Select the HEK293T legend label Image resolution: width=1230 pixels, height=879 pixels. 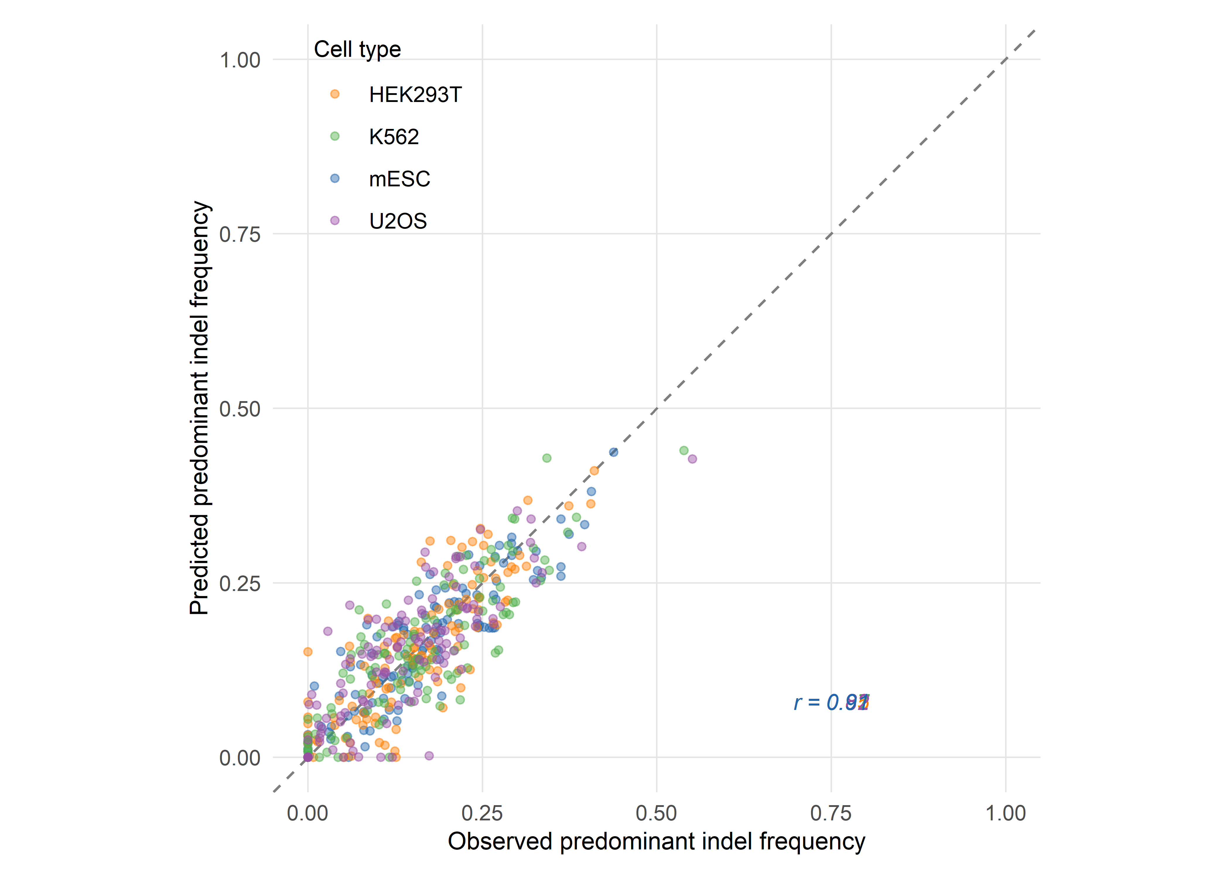tap(415, 95)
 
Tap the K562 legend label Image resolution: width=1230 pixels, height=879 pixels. tap(394, 137)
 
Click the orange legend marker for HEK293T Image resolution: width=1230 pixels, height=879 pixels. tap(335, 94)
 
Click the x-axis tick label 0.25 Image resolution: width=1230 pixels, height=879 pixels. tap(482, 813)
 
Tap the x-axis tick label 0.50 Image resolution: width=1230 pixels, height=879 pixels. tap(656, 813)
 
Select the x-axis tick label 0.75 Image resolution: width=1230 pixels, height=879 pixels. tap(831, 813)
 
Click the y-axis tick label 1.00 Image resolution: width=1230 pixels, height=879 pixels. tap(240, 60)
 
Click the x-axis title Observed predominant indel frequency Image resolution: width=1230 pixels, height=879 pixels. tap(656, 842)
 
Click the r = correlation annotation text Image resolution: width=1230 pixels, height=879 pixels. tap(831, 703)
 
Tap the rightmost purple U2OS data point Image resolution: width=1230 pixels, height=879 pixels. tap(692, 459)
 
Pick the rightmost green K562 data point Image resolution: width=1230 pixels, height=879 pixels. tap(684, 450)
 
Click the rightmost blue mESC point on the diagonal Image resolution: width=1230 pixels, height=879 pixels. tap(613, 452)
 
